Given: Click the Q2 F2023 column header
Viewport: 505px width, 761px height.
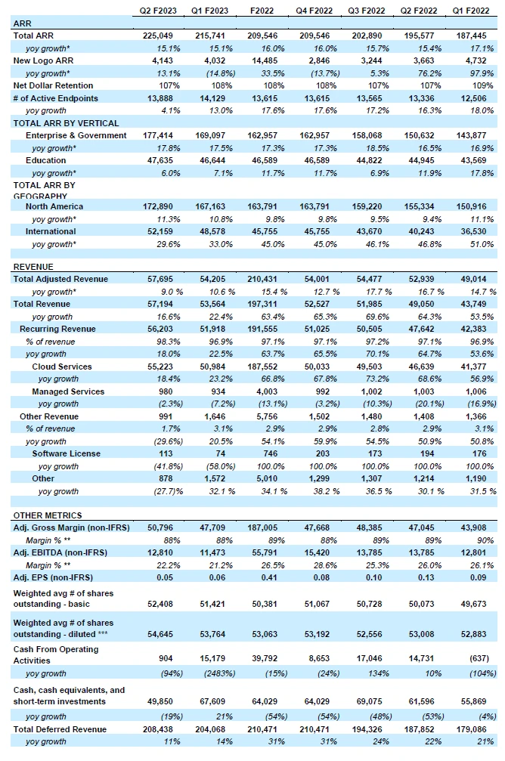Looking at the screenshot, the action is coord(158,10).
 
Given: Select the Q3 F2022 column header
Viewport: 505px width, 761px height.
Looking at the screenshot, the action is coord(366,10).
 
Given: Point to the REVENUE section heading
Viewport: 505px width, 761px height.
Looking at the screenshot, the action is coord(33,267).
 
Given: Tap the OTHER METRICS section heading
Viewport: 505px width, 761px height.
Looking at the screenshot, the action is coord(48,515).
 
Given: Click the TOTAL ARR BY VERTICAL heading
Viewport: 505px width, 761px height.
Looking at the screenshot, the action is coord(66,122).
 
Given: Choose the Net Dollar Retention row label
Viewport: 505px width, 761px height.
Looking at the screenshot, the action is coord(53,85).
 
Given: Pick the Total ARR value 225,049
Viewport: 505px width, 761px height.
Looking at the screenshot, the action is coord(158,36).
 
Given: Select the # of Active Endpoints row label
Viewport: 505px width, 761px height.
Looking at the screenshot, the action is coord(55,98).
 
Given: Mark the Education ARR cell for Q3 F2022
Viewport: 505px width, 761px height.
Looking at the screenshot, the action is coord(369,160).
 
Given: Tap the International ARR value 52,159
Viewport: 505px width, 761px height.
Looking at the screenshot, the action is coord(160,231).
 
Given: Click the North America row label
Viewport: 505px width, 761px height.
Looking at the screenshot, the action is coord(54,206).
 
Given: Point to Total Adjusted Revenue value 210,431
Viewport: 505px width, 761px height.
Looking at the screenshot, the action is coord(262,279).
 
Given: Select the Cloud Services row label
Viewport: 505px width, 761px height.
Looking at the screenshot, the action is coord(62,367).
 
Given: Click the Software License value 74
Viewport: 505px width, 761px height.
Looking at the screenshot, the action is coord(221,453).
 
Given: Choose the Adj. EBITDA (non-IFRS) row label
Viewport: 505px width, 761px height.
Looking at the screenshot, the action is coord(60,552).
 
